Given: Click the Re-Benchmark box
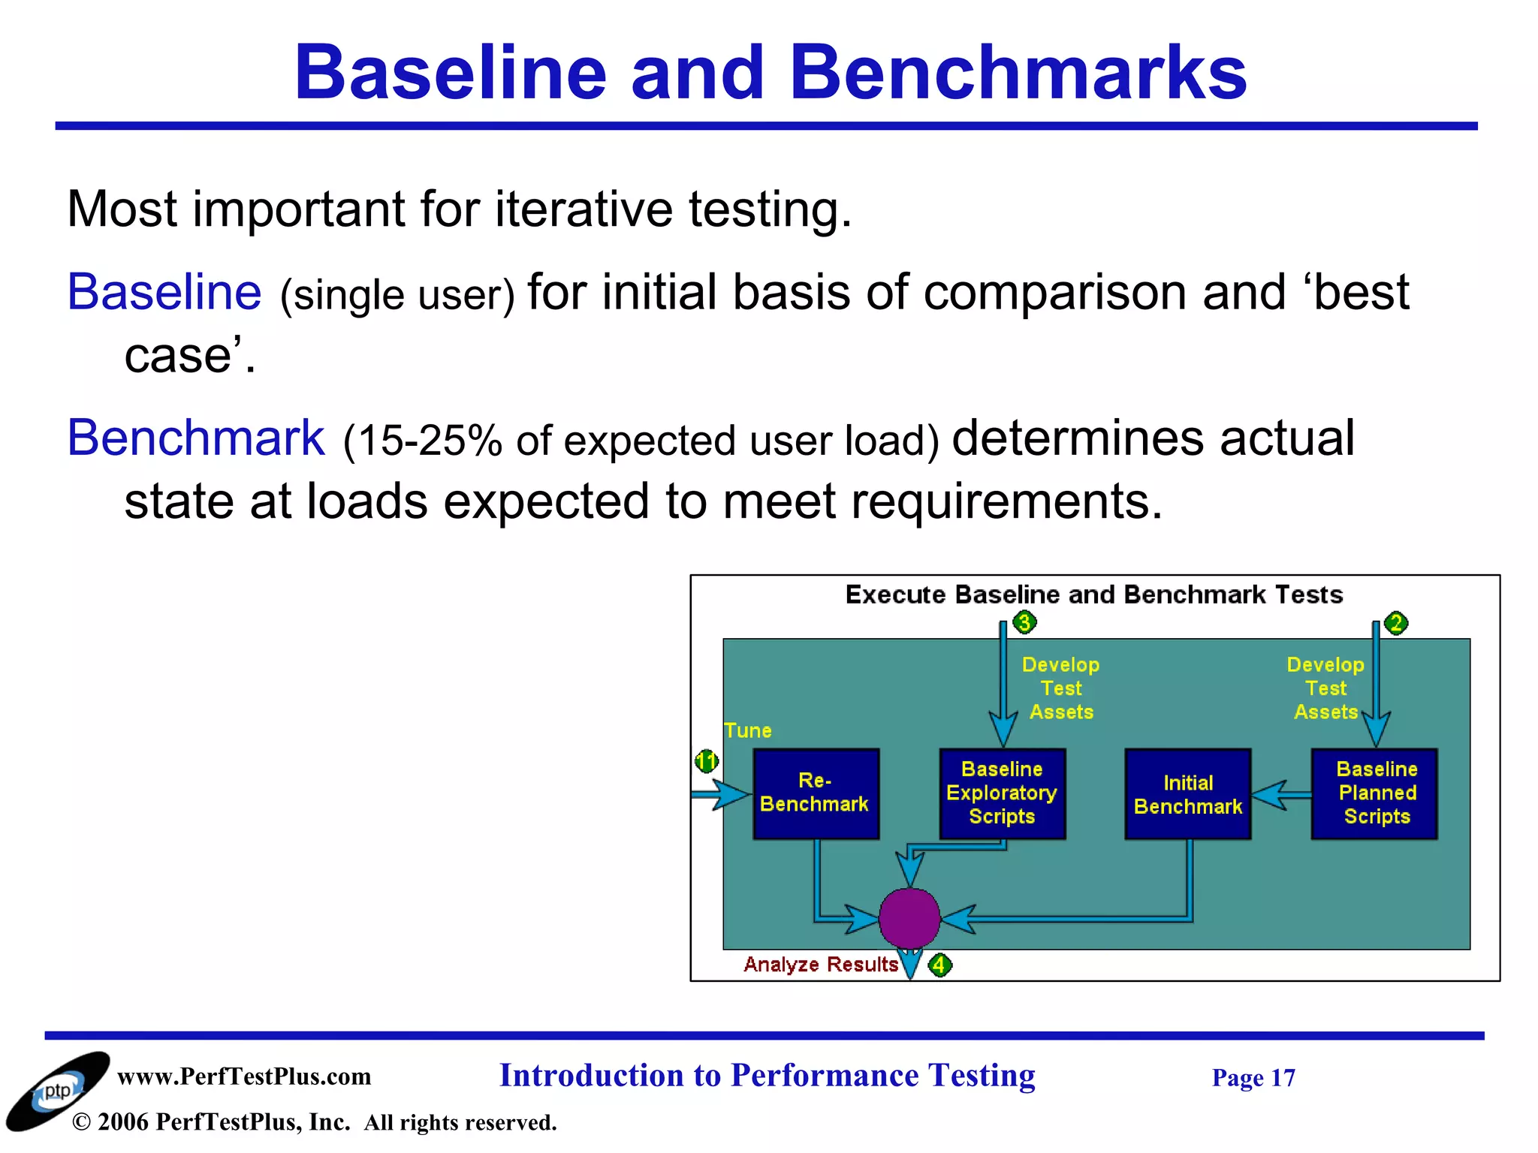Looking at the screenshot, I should pyautogui.click(x=816, y=793).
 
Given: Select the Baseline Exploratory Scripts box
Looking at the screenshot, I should pyautogui.click(x=1002, y=793).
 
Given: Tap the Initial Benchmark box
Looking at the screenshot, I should pyautogui.click(x=1187, y=794).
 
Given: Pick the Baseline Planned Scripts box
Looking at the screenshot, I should pyautogui.click(x=1374, y=793).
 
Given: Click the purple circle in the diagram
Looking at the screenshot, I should pyautogui.click(x=909, y=918).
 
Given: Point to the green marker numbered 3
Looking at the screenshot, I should pyautogui.click(x=1024, y=622).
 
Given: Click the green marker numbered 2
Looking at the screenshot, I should pyautogui.click(x=1396, y=623).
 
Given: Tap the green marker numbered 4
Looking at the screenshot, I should pyautogui.click(x=939, y=965).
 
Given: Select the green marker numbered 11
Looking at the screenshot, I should pyautogui.click(x=706, y=762).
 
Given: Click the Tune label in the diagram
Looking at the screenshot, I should pyautogui.click(x=748, y=731).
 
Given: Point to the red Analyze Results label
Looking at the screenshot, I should pyautogui.click(x=821, y=965).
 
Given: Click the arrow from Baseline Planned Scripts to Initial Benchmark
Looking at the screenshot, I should pyautogui.click(x=1281, y=794).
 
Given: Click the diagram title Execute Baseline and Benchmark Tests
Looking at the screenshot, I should pyautogui.click(x=1093, y=595).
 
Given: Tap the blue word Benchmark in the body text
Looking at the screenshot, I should pyautogui.click(x=196, y=438).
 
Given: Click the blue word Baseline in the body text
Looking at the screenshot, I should pyautogui.click(x=164, y=292).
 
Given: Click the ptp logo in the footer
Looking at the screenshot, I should pyautogui.click(x=57, y=1091).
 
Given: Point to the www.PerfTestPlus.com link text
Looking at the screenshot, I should pyautogui.click(x=244, y=1076).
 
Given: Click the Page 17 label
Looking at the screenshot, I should pyautogui.click(x=1253, y=1078).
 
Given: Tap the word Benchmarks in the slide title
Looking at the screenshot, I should pyautogui.click(x=1018, y=73).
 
